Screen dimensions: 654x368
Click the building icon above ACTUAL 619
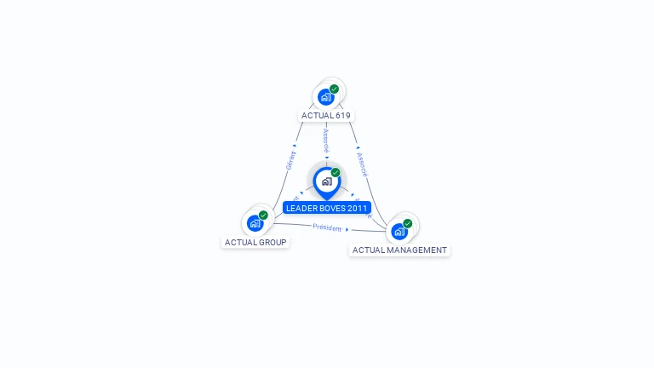(x=325, y=97)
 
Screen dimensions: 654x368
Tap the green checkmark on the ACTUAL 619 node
(x=334, y=89)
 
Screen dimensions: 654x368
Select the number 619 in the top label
(x=342, y=115)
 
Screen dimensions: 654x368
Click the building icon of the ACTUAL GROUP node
(x=255, y=223)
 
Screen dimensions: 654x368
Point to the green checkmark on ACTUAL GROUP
(x=263, y=215)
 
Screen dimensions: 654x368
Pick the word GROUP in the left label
(x=271, y=242)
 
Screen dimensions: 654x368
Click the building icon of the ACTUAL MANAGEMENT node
(x=399, y=231)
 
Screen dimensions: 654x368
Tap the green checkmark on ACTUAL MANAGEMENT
(x=407, y=223)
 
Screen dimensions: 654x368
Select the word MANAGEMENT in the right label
(x=417, y=250)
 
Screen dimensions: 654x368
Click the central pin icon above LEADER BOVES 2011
(x=326, y=181)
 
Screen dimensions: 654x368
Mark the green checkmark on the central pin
(x=336, y=173)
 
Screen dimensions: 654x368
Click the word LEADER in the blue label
(x=301, y=208)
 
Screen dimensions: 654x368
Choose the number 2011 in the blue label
(x=358, y=208)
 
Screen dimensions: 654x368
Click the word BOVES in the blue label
(x=331, y=208)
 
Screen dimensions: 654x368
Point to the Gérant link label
(x=290, y=159)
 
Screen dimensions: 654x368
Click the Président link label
(x=327, y=227)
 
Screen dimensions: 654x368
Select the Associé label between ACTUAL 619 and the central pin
(x=326, y=141)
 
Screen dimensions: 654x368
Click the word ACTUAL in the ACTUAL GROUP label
(x=238, y=242)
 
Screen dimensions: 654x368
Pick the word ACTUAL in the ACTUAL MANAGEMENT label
(x=369, y=250)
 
